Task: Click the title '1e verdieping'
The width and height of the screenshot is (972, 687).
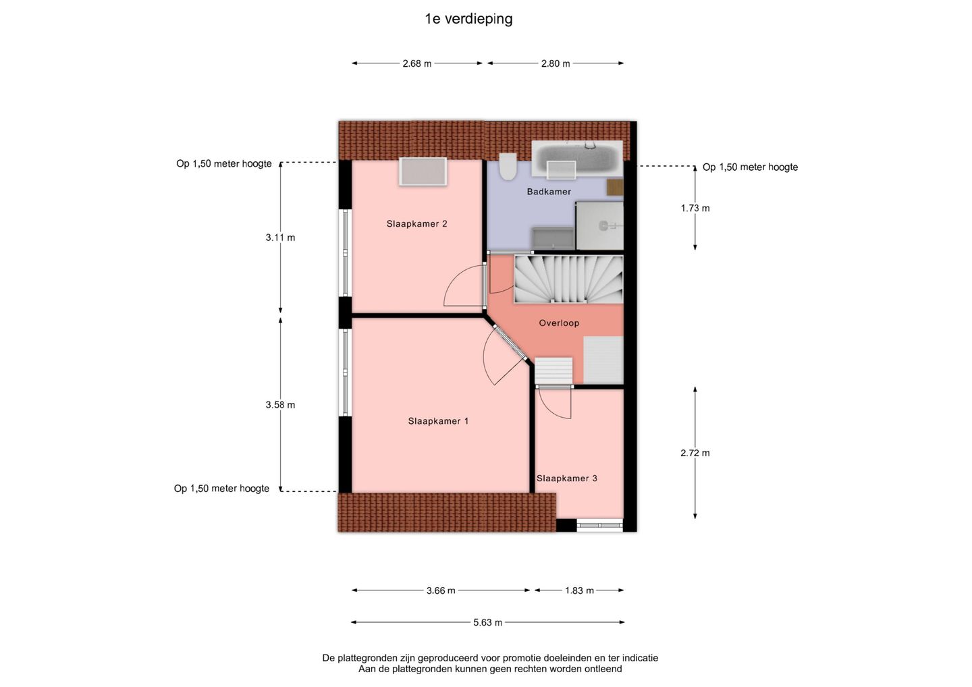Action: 468,19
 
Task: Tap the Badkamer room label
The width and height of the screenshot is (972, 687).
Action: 549,192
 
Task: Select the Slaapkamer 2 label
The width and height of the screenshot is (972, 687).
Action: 416,224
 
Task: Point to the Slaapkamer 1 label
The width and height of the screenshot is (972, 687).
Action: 438,421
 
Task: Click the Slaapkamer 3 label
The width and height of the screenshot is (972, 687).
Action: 567,478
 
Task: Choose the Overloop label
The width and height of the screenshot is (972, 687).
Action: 559,323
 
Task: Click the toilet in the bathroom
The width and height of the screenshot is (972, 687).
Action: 508,166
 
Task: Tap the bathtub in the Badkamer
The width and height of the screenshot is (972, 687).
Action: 577,159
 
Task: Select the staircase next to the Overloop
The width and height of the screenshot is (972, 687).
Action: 568,279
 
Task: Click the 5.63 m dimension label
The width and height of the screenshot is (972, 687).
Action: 488,623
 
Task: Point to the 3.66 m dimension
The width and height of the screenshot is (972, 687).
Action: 441,590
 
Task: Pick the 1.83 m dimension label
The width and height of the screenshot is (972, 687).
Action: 579,590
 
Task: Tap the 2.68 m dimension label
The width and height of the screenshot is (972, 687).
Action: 417,63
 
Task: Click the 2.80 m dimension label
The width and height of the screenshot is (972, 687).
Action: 556,63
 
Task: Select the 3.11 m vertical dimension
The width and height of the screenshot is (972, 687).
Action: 280,238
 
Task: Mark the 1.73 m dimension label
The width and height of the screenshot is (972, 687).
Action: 695,208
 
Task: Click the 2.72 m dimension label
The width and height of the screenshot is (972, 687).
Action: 695,454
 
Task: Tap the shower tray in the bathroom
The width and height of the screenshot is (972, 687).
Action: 599,225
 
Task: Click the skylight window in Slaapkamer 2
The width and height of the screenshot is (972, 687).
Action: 423,171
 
